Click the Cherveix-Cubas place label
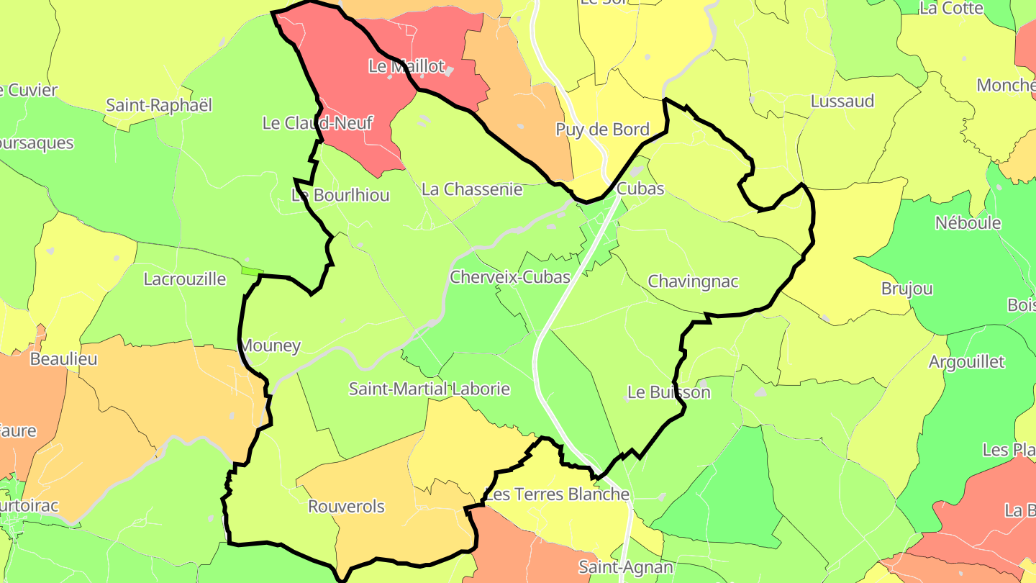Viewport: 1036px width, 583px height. click(x=509, y=277)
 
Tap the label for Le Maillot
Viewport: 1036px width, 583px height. click(x=406, y=66)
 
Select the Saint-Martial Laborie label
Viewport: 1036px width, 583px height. click(x=429, y=389)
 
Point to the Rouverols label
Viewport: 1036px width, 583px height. click(x=346, y=507)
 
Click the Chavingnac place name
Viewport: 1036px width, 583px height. click(x=693, y=281)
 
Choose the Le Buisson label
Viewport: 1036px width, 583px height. click(x=668, y=393)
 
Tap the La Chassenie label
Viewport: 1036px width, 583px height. click(x=472, y=189)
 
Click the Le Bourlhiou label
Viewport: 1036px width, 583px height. click(x=340, y=195)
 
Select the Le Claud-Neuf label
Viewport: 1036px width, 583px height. click(x=317, y=123)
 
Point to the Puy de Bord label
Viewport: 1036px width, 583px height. click(x=602, y=130)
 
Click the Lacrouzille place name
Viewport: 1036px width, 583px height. click(x=185, y=279)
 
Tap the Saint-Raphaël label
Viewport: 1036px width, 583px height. click(x=159, y=105)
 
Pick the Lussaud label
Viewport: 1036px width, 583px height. click(x=842, y=101)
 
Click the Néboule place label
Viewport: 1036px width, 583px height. click(x=968, y=223)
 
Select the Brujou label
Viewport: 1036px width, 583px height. click(x=906, y=289)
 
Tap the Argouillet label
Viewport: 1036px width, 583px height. click(x=966, y=362)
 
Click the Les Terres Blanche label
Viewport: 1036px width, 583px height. click(x=557, y=494)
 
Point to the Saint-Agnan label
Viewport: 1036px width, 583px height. click(x=625, y=567)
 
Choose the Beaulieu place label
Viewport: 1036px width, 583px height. click(x=63, y=358)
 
